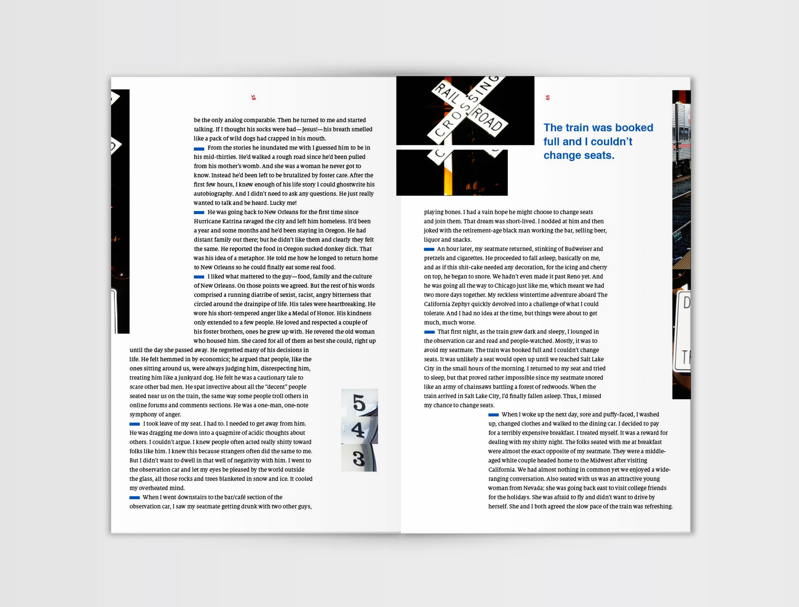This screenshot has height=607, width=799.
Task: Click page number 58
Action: [x=253, y=97]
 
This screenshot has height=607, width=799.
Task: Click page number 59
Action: [x=547, y=97]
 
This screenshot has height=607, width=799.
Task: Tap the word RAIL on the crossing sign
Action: [x=447, y=93]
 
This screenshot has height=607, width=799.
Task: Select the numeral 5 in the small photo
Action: [x=359, y=402]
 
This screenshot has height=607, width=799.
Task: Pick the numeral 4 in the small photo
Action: [x=358, y=430]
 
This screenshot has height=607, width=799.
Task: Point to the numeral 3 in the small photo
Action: [x=359, y=458]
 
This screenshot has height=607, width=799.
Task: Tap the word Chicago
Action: [x=508, y=285]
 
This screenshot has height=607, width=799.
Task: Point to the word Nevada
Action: [x=533, y=488]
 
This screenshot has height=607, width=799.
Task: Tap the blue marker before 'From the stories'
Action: [x=199, y=148]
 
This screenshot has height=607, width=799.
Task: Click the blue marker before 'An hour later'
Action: [x=429, y=249]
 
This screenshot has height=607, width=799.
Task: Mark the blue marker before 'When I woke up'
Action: [x=493, y=415]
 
